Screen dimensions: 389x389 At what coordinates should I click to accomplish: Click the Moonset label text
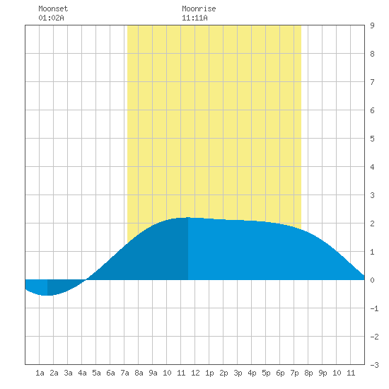point(53,8)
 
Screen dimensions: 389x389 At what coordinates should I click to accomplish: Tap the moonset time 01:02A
point(51,18)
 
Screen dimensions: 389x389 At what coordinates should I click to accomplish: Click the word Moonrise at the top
point(199,8)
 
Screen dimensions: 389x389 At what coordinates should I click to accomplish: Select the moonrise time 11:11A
point(194,18)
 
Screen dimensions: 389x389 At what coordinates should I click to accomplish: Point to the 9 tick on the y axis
point(372,25)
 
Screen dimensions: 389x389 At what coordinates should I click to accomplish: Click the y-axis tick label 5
point(372,139)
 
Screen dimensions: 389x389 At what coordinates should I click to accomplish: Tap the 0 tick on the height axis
point(372,280)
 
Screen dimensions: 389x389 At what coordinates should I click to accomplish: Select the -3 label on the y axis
point(374,365)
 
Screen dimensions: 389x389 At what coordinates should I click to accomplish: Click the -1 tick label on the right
point(374,308)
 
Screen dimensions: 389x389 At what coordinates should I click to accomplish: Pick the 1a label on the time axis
point(40,373)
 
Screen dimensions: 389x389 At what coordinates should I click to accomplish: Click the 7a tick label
point(124,373)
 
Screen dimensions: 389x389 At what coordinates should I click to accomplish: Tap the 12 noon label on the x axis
point(195,373)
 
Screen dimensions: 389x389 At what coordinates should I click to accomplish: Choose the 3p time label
point(238,373)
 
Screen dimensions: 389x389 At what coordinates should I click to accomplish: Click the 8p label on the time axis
point(308,373)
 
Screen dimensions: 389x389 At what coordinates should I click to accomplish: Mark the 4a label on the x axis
point(82,373)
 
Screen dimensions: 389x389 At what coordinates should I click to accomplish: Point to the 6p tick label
point(280,373)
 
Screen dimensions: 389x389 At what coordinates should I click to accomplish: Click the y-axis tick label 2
point(372,223)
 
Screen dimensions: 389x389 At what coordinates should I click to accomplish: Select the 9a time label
point(153,373)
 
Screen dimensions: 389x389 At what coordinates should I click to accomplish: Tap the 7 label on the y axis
point(372,82)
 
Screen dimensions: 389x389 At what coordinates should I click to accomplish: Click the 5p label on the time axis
point(266,373)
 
